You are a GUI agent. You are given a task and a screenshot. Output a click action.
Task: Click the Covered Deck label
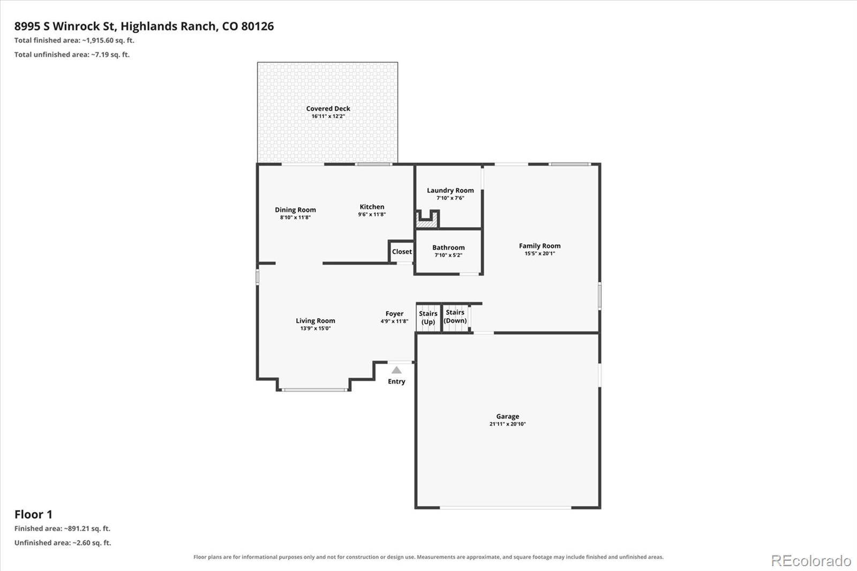(x=328, y=109)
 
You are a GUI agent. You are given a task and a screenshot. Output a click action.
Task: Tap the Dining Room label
(x=295, y=210)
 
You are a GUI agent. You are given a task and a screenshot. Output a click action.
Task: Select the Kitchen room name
(x=372, y=207)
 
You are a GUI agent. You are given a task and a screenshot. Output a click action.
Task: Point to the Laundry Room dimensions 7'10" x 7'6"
(x=450, y=198)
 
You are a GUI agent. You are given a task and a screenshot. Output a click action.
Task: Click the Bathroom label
(x=448, y=247)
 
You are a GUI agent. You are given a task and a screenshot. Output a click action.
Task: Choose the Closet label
(x=402, y=251)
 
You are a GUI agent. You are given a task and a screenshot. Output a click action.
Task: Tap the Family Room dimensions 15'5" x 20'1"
(x=539, y=253)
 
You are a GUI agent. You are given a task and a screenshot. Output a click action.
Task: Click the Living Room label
(x=315, y=321)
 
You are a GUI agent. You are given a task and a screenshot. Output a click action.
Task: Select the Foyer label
(x=394, y=314)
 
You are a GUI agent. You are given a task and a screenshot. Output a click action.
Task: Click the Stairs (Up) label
(x=428, y=318)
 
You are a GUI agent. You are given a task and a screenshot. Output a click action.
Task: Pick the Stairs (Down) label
(x=455, y=317)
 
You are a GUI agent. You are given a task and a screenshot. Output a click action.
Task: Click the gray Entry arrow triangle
(x=396, y=370)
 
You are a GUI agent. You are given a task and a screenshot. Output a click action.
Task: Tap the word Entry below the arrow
(x=396, y=381)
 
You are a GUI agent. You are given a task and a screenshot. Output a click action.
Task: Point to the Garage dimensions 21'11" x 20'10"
(x=508, y=424)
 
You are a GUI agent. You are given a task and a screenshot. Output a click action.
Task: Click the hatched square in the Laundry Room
(x=426, y=222)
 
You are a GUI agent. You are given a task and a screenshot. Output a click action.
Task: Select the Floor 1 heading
(x=33, y=514)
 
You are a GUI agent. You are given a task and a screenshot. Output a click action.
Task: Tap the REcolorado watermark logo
(x=811, y=561)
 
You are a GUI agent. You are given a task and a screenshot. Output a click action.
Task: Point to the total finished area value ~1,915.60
(x=98, y=40)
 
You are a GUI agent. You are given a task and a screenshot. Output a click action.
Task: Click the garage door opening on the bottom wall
(x=506, y=508)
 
